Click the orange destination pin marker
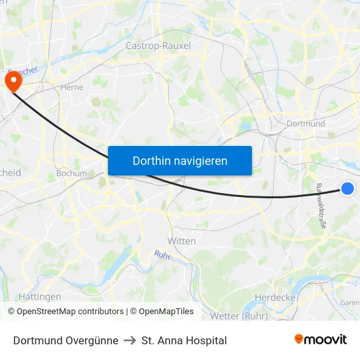(13, 81)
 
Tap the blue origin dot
(348, 189)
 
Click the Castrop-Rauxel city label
(158, 46)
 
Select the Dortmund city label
(306, 123)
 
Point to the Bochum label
(71, 173)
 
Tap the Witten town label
(181, 241)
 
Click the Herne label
(71, 86)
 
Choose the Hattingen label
(40, 297)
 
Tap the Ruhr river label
(162, 255)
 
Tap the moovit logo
(320, 340)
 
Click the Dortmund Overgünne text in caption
(65, 340)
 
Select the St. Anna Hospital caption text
(184, 340)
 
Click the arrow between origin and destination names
(130, 340)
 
